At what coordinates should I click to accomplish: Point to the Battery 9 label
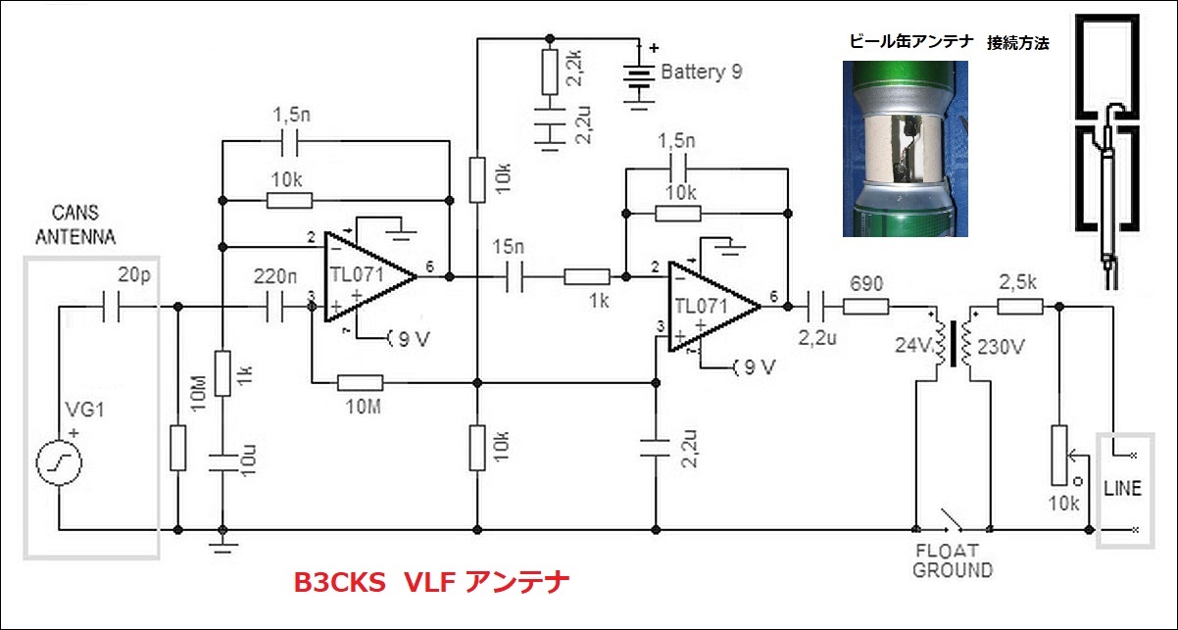(x=701, y=73)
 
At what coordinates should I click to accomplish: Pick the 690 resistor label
(x=866, y=284)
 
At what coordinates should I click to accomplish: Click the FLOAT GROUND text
(x=952, y=560)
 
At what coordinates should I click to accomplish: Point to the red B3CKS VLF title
(x=431, y=582)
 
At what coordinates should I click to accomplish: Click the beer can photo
(x=906, y=148)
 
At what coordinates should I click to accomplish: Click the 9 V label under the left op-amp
(x=410, y=339)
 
